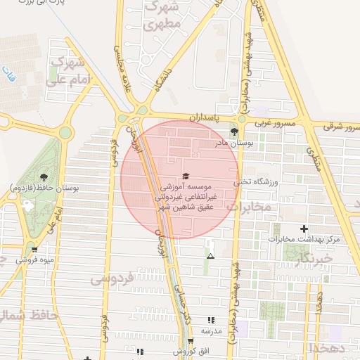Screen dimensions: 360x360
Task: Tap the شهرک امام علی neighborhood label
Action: pyautogui.click(x=70, y=72)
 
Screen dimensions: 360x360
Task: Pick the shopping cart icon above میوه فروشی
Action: pyautogui.click(x=34, y=250)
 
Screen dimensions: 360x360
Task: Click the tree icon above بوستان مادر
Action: pyautogui.click(x=234, y=131)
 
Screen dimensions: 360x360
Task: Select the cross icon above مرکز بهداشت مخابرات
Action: pyautogui.click(x=304, y=229)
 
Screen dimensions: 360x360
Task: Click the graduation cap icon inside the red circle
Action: pyautogui.click(x=186, y=176)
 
